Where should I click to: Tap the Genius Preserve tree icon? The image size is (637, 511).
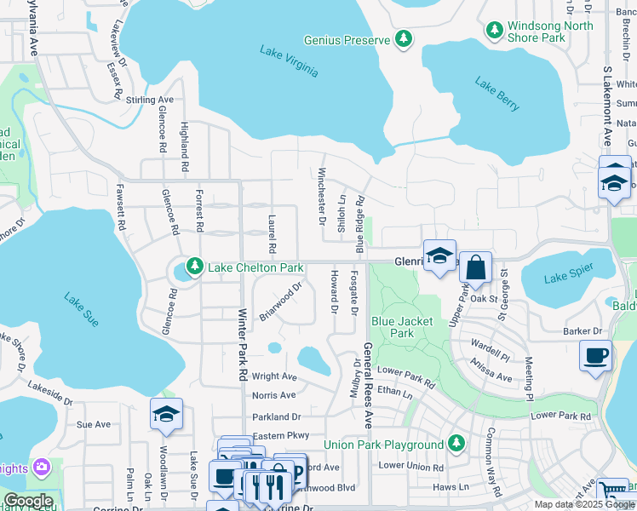(x=404, y=39)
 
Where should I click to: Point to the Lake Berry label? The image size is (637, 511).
(x=497, y=95)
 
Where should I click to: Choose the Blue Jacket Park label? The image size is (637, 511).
(x=402, y=327)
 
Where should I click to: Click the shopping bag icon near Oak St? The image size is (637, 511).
(x=476, y=267)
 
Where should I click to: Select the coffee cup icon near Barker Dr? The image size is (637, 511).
(x=595, y=354)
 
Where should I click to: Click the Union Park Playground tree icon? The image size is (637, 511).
(x=456, y=444)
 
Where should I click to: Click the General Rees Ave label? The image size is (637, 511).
(x=369, y=385)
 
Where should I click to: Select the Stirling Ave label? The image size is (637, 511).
(x=150, y=100)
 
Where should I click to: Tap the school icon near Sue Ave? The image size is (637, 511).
(x=166, y=414)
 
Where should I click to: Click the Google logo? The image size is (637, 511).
(x=28, y=501)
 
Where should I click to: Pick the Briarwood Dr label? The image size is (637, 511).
(x=281, y=301)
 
